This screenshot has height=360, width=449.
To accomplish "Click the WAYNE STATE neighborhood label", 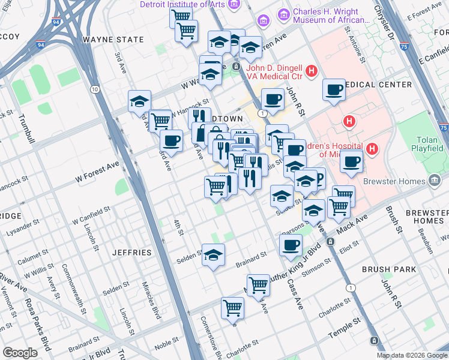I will [x=113, y=40].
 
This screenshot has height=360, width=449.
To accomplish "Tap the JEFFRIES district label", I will [x=132, y=253].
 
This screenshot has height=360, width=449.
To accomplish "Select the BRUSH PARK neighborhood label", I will [x=388, y=269].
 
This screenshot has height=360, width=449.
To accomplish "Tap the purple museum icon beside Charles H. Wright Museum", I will [x=263, y=21].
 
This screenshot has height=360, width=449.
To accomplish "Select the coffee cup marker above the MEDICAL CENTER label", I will [x=334, y=89].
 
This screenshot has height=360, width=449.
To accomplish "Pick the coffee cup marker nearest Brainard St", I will [x=291, y=245].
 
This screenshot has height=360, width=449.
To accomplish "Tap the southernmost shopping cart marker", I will [x=232, y=308].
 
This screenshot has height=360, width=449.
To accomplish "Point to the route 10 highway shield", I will [x=95, y=89].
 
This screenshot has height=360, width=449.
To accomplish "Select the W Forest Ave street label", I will [x=97, y=178].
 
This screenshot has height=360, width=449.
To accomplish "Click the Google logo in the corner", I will [x=20, y=352].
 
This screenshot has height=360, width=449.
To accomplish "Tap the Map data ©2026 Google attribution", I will [x=411, y=355].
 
